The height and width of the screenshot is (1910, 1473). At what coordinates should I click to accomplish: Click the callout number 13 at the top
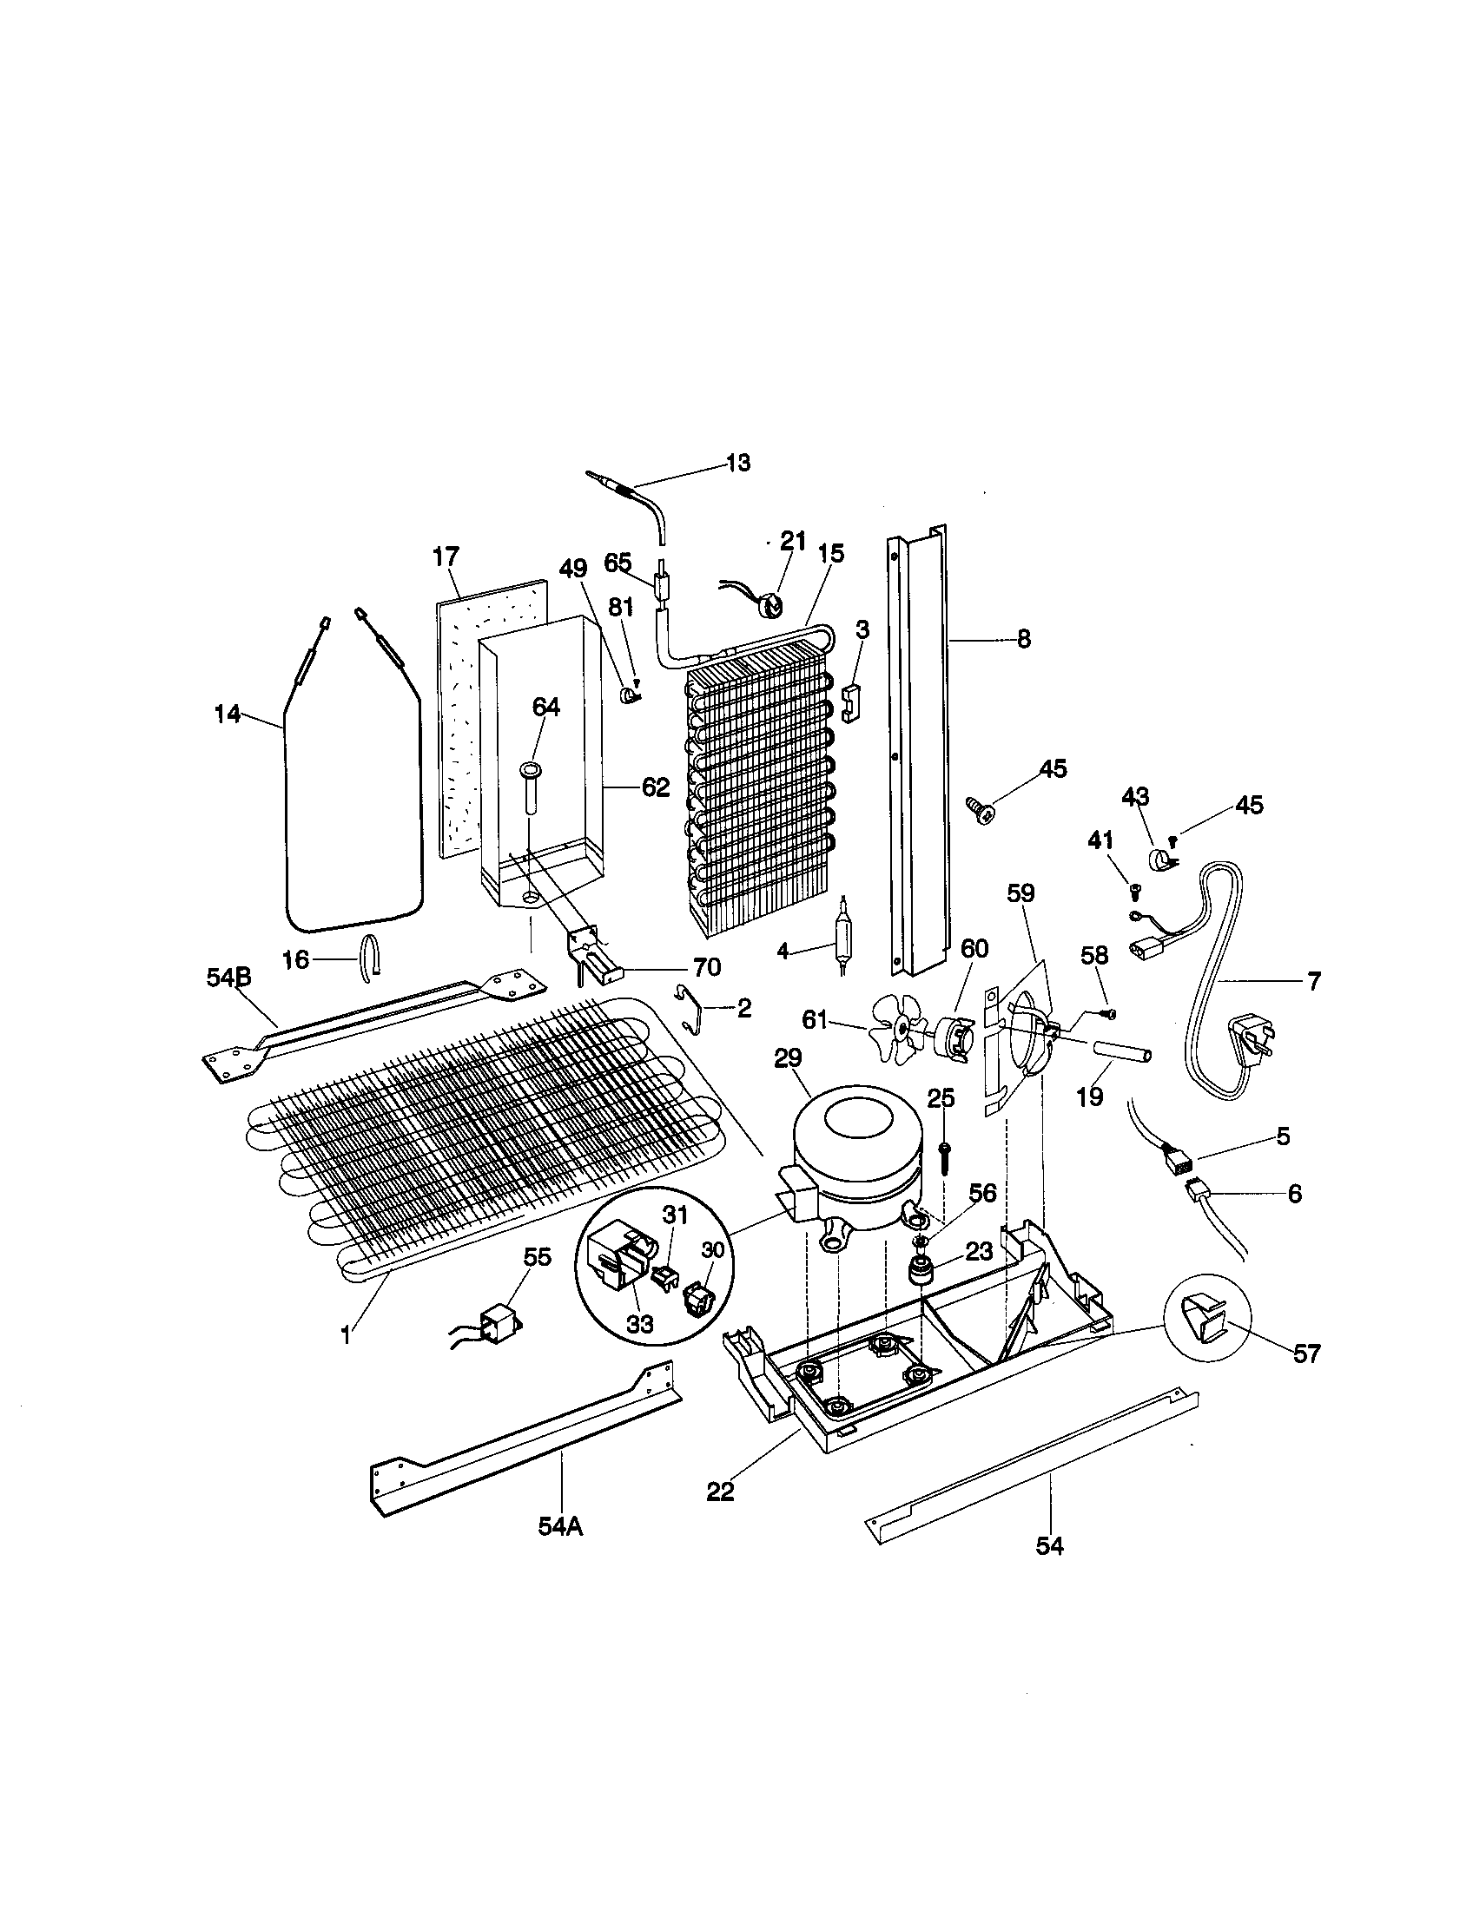(738, 463)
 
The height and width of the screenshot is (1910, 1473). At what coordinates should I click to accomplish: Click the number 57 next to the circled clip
(1306, 1354)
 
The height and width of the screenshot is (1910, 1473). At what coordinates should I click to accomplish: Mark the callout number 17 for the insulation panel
(446, 557)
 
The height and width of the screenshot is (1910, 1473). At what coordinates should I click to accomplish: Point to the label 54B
(228, 978)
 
